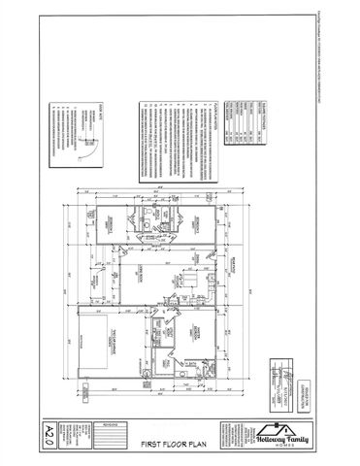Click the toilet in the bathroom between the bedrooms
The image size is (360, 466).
pos(143,231)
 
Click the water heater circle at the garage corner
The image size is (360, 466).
pos(88,392)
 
